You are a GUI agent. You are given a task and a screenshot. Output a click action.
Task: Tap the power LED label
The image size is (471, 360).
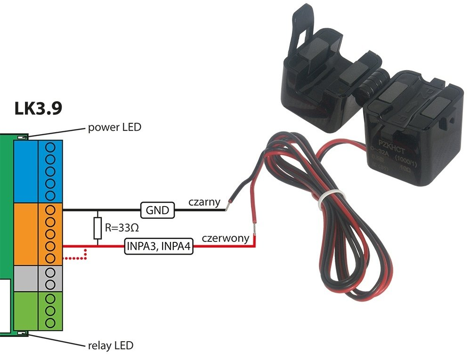pos(114,127)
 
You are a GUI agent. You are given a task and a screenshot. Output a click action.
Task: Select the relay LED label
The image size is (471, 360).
pos(111,345)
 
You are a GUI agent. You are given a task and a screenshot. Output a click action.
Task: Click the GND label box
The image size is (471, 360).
pos(157,210)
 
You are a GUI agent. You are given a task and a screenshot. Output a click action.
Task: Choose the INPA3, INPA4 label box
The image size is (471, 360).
pos(159,246)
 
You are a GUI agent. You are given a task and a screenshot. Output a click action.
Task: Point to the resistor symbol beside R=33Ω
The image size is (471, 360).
pos(97,228)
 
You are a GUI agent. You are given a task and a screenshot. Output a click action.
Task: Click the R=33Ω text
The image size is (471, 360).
pos(122,229)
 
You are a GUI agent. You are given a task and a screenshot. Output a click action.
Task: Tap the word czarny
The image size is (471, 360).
pos(204,202)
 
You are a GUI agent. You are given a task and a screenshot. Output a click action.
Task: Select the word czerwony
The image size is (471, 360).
pos(225,238)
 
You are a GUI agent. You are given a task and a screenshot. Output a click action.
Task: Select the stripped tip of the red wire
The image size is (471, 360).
pos(254,229)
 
